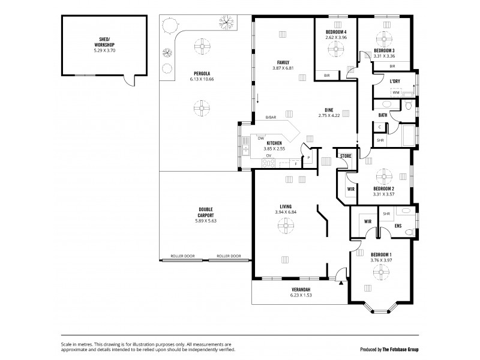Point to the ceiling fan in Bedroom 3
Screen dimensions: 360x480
(x=384, y=35)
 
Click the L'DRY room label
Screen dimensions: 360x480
(x=394, y=81)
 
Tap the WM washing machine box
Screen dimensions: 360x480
(x=396, y=92)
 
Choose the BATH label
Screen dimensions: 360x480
(x=383, y=115)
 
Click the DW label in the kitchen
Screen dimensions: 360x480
(x=261, y=138)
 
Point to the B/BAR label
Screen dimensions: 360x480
(x=271, y=118)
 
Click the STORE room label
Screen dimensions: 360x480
(x=345, y=157)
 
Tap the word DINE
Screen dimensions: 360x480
(x=329, y=109)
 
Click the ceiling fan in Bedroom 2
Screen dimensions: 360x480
(x=385, y=175)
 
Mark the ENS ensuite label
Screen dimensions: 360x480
(x=398, y=226)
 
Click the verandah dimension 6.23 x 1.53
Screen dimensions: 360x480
(x=301, y=295)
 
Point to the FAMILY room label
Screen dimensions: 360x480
(x=283, y=62)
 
